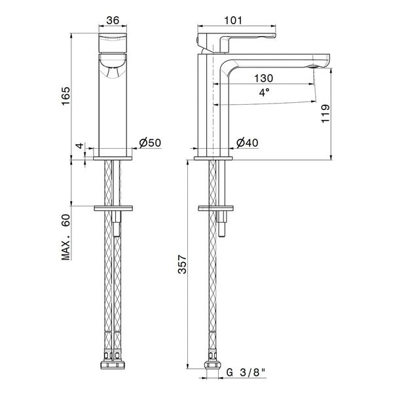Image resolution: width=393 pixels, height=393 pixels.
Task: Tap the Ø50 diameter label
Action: (150, 143)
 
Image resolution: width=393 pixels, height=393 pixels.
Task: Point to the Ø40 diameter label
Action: (246, 143)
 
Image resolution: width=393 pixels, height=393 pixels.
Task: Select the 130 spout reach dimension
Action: (264, 77)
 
